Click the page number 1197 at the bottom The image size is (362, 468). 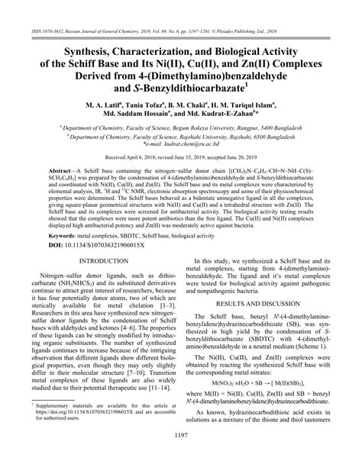(181, 457)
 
